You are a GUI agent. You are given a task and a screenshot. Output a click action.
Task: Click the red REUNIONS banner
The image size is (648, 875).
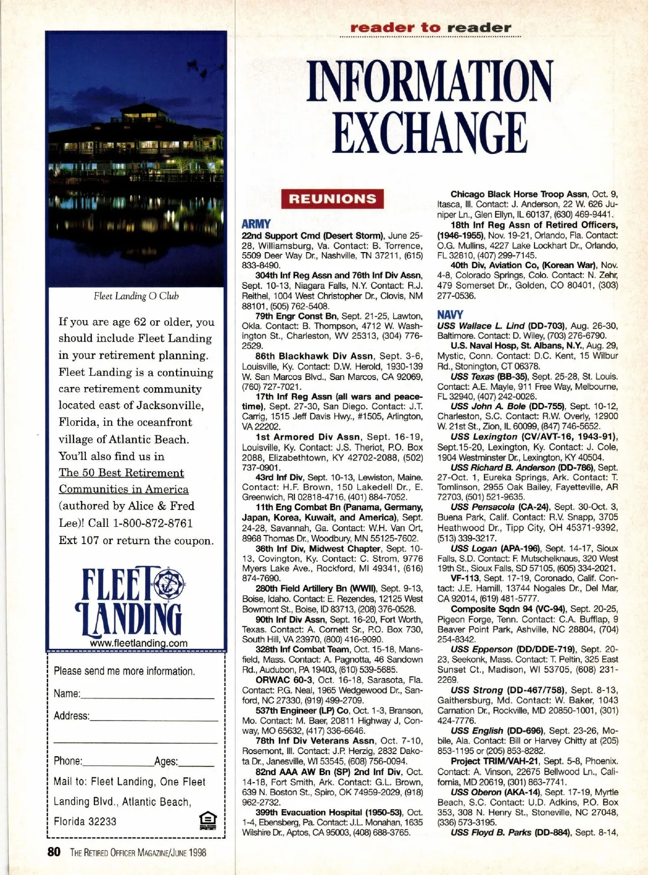click(332, 199)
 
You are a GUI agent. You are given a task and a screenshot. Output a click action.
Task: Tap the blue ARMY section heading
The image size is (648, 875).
click(256, 223)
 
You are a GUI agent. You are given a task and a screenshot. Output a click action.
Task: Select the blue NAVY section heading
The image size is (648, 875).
click(450, 314)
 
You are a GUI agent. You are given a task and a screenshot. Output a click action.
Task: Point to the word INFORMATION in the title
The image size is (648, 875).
click(430, 82)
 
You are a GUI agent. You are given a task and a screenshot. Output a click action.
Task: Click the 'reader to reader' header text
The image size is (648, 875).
click(430, 28)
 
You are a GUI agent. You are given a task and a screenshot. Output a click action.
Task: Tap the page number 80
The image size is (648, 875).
click(53, 852)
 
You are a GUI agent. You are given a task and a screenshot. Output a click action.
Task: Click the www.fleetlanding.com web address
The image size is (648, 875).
click(139, 643)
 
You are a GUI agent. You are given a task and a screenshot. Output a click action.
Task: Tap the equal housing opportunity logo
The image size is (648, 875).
click(208, 820)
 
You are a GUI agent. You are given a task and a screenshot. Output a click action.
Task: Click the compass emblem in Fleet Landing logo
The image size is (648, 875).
click(168, 583)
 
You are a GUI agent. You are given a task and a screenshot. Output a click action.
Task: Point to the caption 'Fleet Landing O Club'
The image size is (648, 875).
click(136, 296)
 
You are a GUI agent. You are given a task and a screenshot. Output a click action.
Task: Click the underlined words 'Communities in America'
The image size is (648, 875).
click(124, 489)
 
